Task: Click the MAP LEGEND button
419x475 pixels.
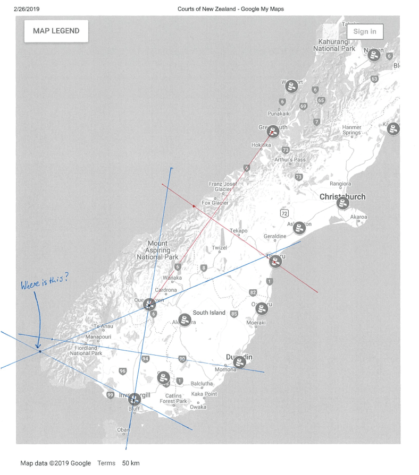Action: (56, 31)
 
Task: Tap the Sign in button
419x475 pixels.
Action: (365, 31)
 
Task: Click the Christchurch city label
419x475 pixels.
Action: (342, 197)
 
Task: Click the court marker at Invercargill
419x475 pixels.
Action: (135, 399)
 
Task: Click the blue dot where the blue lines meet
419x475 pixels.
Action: (40, 351)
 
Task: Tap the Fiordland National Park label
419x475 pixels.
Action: (86, 350)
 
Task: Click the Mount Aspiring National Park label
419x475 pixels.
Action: (157, 250)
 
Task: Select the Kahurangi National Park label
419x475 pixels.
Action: (334, 45)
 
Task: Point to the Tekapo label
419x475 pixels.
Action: (239, 231)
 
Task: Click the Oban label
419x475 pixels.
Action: (123, 430)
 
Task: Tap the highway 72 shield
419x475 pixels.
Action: (284, 213)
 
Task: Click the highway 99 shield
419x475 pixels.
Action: (110, 395)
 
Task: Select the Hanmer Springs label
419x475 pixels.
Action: (351, 130)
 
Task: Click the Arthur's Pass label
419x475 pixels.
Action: (290, 160)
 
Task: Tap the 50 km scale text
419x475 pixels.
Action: (131, 463)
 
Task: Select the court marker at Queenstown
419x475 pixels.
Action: (149, 304)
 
